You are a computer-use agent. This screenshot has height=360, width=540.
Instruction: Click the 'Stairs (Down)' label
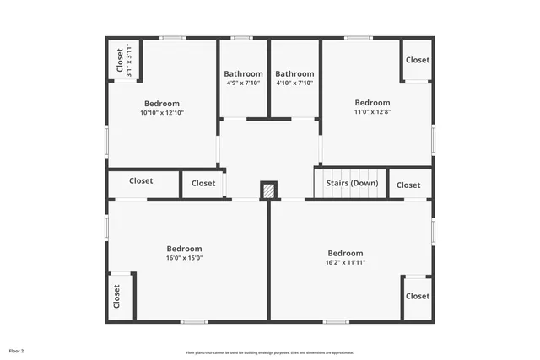(353, 184)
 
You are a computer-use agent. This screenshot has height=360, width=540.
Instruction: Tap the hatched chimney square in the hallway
(268, 191)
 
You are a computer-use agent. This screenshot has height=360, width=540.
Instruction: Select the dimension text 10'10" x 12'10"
(161, 113)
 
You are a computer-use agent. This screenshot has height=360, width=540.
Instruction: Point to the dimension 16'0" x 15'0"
(184, 258)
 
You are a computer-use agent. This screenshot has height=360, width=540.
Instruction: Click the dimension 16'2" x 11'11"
(345, 262)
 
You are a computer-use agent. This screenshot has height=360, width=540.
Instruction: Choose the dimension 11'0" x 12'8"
(372, 111)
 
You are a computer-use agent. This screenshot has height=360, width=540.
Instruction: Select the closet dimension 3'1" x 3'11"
(129, 62)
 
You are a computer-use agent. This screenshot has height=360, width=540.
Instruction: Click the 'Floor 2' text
(17, 350)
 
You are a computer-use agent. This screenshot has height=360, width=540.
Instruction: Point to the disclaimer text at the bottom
(270, 352)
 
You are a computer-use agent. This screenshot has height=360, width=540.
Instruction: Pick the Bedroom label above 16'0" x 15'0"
(184, 249)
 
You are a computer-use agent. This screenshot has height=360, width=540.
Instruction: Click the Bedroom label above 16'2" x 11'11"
(345, 253)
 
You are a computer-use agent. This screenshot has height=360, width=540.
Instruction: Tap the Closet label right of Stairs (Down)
(408, 185)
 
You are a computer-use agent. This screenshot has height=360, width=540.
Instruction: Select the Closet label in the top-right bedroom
(417, 60)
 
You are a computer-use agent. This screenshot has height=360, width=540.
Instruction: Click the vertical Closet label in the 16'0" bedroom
(117, 297)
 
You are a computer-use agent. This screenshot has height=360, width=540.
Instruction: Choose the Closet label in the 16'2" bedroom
(417, 296)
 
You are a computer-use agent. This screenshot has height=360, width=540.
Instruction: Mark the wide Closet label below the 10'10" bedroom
(141, 180)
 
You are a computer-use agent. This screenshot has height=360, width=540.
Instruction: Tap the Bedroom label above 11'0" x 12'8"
(372, 102)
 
